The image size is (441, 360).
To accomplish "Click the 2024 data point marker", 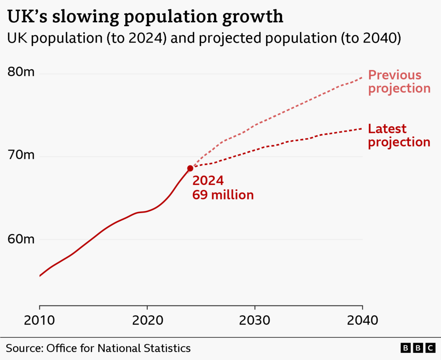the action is pyautogui.click(x=190, y=168).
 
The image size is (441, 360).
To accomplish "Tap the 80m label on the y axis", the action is pyautogui.click(x=21, y=72).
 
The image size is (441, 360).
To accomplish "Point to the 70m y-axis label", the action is pyautogui.click(x=21, y=155).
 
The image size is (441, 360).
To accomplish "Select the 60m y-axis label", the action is pyautogui.click(x=21, y=239).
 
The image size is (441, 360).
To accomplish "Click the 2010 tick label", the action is pyautogui.click(x=39, y=320).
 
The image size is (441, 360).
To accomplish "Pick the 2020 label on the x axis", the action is pyautogui.click(x=148, y=320).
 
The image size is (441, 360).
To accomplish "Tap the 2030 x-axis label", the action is pyautogui.click(x=254, y=320).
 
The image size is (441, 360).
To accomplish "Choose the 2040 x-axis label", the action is pyautogui.click(x=362, y=320).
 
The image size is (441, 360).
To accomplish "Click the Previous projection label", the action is pyautogui.click(x=399, y=82).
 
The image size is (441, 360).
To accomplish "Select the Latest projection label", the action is pyautogui.click(x=399, y=136).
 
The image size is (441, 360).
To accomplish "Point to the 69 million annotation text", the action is pyautogui.click(x=223, y=195).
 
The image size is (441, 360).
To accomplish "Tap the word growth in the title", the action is pyautogui.click(x=252, y=17).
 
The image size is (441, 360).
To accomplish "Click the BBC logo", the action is pyautogui.click(x=418, y=348).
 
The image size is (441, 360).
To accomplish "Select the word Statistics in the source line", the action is pyautogui.click(x=167, y=348).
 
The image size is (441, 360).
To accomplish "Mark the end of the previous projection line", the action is pyautogui.click(x=362, y=77).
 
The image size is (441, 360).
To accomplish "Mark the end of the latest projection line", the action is pyautogui.click(x=362, y=128).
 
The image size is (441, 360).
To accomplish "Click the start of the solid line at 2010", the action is pyautogui.click(x=40, y=276).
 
